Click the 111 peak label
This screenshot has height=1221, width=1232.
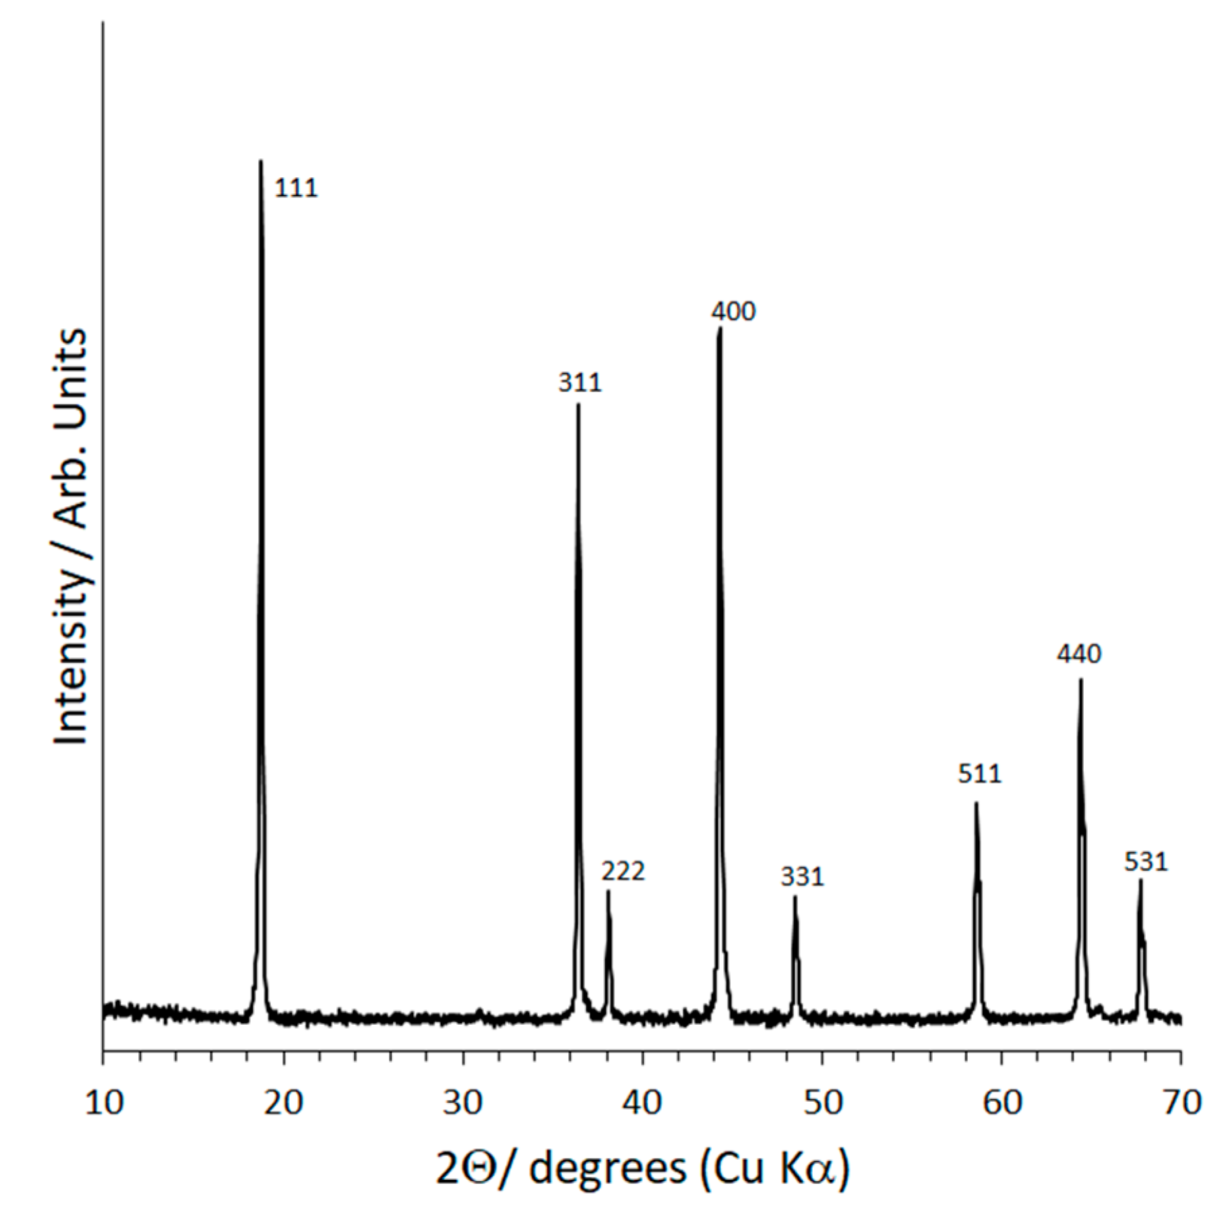(296, 188)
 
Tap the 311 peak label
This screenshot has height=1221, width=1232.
(580, 383)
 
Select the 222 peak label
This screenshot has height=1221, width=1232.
(623, 871)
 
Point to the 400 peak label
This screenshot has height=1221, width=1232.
(733, 311)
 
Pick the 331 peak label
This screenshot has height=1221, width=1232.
(802, 876)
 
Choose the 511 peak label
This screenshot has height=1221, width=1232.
(980, 773)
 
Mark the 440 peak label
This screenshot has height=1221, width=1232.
(1079, 653)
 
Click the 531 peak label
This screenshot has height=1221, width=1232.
(1146, 862)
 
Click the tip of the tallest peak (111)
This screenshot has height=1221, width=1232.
(261, 162)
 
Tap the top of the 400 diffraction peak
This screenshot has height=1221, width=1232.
(720, 328)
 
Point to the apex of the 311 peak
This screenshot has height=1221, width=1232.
(578, 405)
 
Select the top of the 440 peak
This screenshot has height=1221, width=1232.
(1081, 680)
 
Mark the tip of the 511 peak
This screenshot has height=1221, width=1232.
(976, 803)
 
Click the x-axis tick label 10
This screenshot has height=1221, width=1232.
(104, 1103)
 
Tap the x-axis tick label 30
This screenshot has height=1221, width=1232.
(463, 1103)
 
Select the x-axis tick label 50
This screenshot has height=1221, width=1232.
(823, 1103)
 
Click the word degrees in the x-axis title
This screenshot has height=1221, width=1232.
(607, 1168)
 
